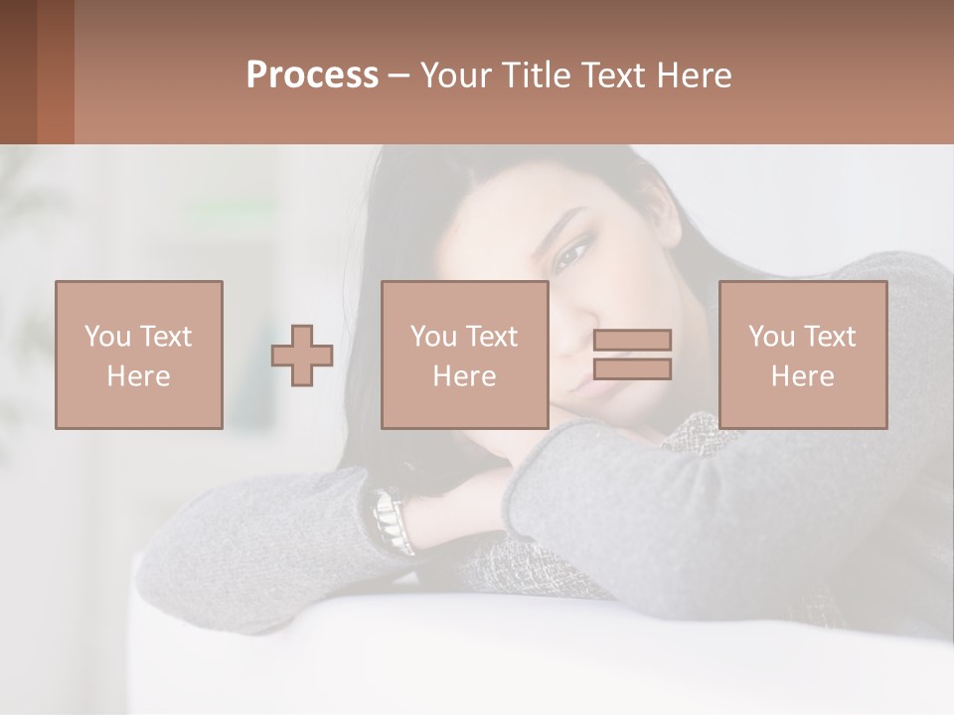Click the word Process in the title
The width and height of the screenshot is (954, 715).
(312, 75)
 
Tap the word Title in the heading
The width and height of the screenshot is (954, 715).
(537, 75)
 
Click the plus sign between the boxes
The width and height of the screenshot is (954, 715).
(302, 355)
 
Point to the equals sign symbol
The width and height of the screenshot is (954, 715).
(632, 355)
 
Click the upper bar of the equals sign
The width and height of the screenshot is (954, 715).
(632, 341)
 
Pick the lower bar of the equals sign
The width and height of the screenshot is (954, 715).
(632, 369)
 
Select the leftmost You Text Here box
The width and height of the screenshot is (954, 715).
(139, 355)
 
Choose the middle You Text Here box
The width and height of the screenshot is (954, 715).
(465, 355)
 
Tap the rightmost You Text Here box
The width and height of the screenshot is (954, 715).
(803, 355)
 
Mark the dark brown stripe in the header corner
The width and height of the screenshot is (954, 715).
(18, 71)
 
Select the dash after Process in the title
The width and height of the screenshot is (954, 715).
(398, 75)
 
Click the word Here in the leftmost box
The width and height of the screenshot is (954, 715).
(139, 376)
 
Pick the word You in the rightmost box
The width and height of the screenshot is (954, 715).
(771, 337)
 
